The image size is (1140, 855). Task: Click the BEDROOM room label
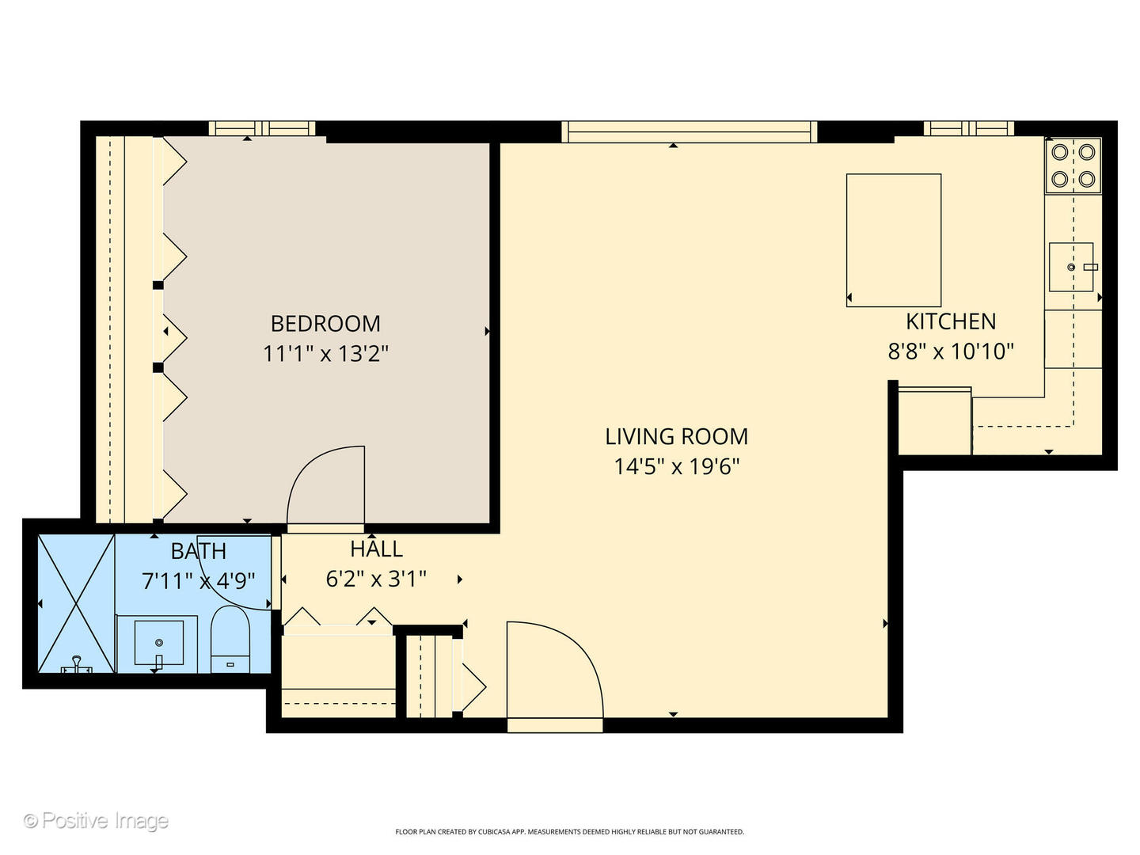click(x=325, y=324)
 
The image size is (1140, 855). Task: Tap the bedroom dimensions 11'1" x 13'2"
click(x=325, y=353)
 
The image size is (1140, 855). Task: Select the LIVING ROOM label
click(x=676, y=437)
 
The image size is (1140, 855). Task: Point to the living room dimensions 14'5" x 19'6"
click(x=676, y=466)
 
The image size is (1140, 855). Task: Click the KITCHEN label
click(x=951, y=321)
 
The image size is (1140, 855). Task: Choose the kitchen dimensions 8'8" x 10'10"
click(x=951, y=351)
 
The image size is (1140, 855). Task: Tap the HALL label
click(x=376, y=549)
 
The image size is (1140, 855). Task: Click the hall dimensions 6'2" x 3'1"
click(x=376, y=579)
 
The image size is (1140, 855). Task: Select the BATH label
click(x=198, y=551)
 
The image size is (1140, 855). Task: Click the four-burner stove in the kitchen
click(x=1073, y=165)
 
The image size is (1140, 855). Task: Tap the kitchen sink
click(x=1071, y=267)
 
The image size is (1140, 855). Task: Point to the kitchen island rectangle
click(x=894, y=240)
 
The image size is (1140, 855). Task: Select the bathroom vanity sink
click(x=158, y=642)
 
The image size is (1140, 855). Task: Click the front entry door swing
click(x=554, y=669)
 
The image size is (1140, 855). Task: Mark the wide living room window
click(x=689, y=132)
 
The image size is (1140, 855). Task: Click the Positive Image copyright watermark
click(x=96, y=821)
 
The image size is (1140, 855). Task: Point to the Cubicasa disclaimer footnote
click(x=569, y=832)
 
